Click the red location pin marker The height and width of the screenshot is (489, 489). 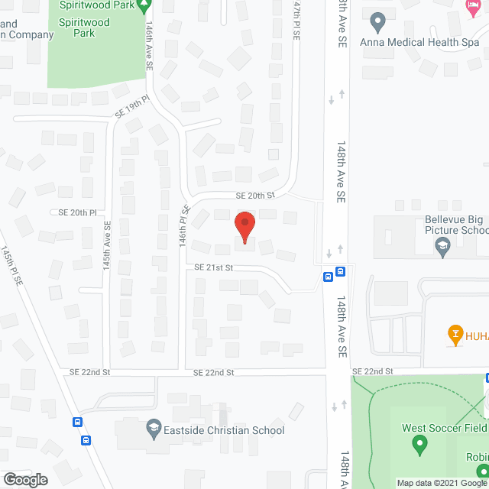coord(244,227)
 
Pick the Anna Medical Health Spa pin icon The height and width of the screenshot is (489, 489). coord(376,21)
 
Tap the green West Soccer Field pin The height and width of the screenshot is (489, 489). coord(419,443)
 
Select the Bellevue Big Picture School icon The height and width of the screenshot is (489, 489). coord(442,245)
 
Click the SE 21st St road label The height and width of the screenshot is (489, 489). coord(213,267)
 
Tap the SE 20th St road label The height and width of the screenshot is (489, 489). coord(254,196)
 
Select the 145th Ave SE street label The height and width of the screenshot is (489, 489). coord(108,244)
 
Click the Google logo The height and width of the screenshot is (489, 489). coord(24,480)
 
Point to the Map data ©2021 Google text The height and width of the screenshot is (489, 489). coord(442,482)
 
